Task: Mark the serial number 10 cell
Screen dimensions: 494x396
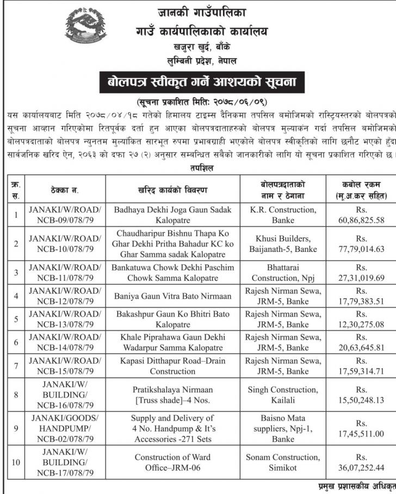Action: (16, 463)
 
